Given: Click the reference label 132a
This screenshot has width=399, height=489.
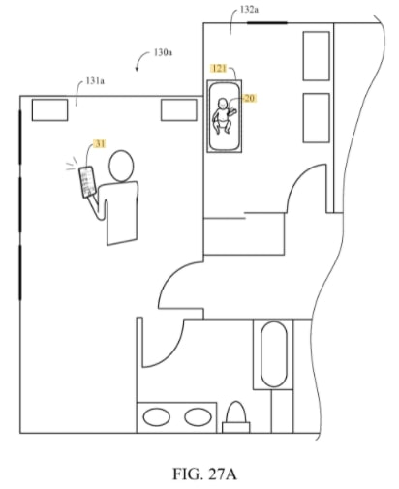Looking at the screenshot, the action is click(x=249, y=10).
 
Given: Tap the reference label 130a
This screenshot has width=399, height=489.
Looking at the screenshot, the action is click(x=163, y=52).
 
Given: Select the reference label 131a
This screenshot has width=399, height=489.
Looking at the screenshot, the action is click(x=95, y=81).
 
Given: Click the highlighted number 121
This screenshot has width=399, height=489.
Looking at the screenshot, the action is click(x=219, y=68).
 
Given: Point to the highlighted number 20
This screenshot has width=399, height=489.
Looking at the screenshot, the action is click(x=250, y=98).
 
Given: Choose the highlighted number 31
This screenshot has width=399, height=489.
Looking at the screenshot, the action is click(x=100, y=143).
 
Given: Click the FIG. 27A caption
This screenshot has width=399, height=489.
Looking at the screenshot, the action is click(x=204, y=474).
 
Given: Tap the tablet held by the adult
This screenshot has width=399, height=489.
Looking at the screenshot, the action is click(x=87, y=182).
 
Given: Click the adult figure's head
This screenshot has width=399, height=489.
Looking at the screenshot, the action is click(x=121, y=166).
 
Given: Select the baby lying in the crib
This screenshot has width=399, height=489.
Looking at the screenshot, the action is click(x=223, y=116).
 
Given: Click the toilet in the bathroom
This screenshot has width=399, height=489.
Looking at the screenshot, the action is click(x=236, y=417).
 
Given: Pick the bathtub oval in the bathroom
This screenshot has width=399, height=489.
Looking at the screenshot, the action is click(x=274, y=354).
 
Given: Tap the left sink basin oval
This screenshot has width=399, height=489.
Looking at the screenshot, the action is click(x=157, y=417).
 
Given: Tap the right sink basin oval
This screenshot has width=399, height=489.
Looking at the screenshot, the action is click(x=198, y=416).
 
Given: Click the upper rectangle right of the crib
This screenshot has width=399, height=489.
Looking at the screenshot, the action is click(x=317, y=56).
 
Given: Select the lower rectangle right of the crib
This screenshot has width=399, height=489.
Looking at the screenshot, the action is click(x=317, y=118).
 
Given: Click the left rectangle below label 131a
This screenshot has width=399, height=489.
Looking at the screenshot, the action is click(x=49, y=110).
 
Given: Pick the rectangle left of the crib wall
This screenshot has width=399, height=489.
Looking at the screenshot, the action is click(x=179, y=110).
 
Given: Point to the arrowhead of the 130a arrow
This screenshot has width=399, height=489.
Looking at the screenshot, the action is click(x=137, y=69).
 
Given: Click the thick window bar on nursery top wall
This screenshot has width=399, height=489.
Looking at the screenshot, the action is click(x=267, y=23).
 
